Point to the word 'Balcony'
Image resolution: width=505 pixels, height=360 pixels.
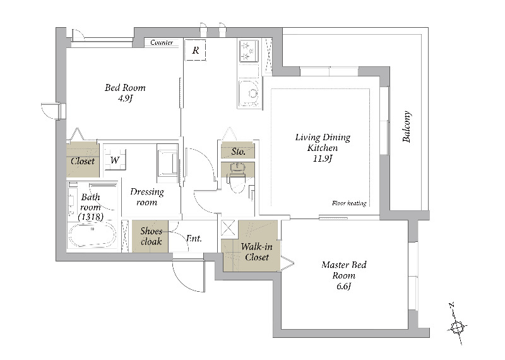pos(407,126)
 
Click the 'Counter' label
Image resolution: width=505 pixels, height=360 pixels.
pos(162,43)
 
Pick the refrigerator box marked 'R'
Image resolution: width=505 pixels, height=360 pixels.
pos(196,50)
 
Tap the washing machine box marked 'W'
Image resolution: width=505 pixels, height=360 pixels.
pos(115,160)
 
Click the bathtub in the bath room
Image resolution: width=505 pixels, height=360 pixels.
pos(92,236)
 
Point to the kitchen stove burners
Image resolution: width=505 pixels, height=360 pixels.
pos(249,50)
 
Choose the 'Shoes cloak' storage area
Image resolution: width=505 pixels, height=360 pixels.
pos(151,236)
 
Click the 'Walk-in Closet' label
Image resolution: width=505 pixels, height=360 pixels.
pos(254,252)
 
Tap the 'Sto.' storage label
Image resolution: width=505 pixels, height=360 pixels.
pos(238,152)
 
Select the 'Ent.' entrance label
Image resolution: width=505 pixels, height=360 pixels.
pos(194,239)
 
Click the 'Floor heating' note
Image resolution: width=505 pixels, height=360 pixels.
pos(348,203)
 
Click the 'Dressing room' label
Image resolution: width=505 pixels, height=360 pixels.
pos(146,197)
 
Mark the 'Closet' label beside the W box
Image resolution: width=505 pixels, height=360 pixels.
pos(83,161)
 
